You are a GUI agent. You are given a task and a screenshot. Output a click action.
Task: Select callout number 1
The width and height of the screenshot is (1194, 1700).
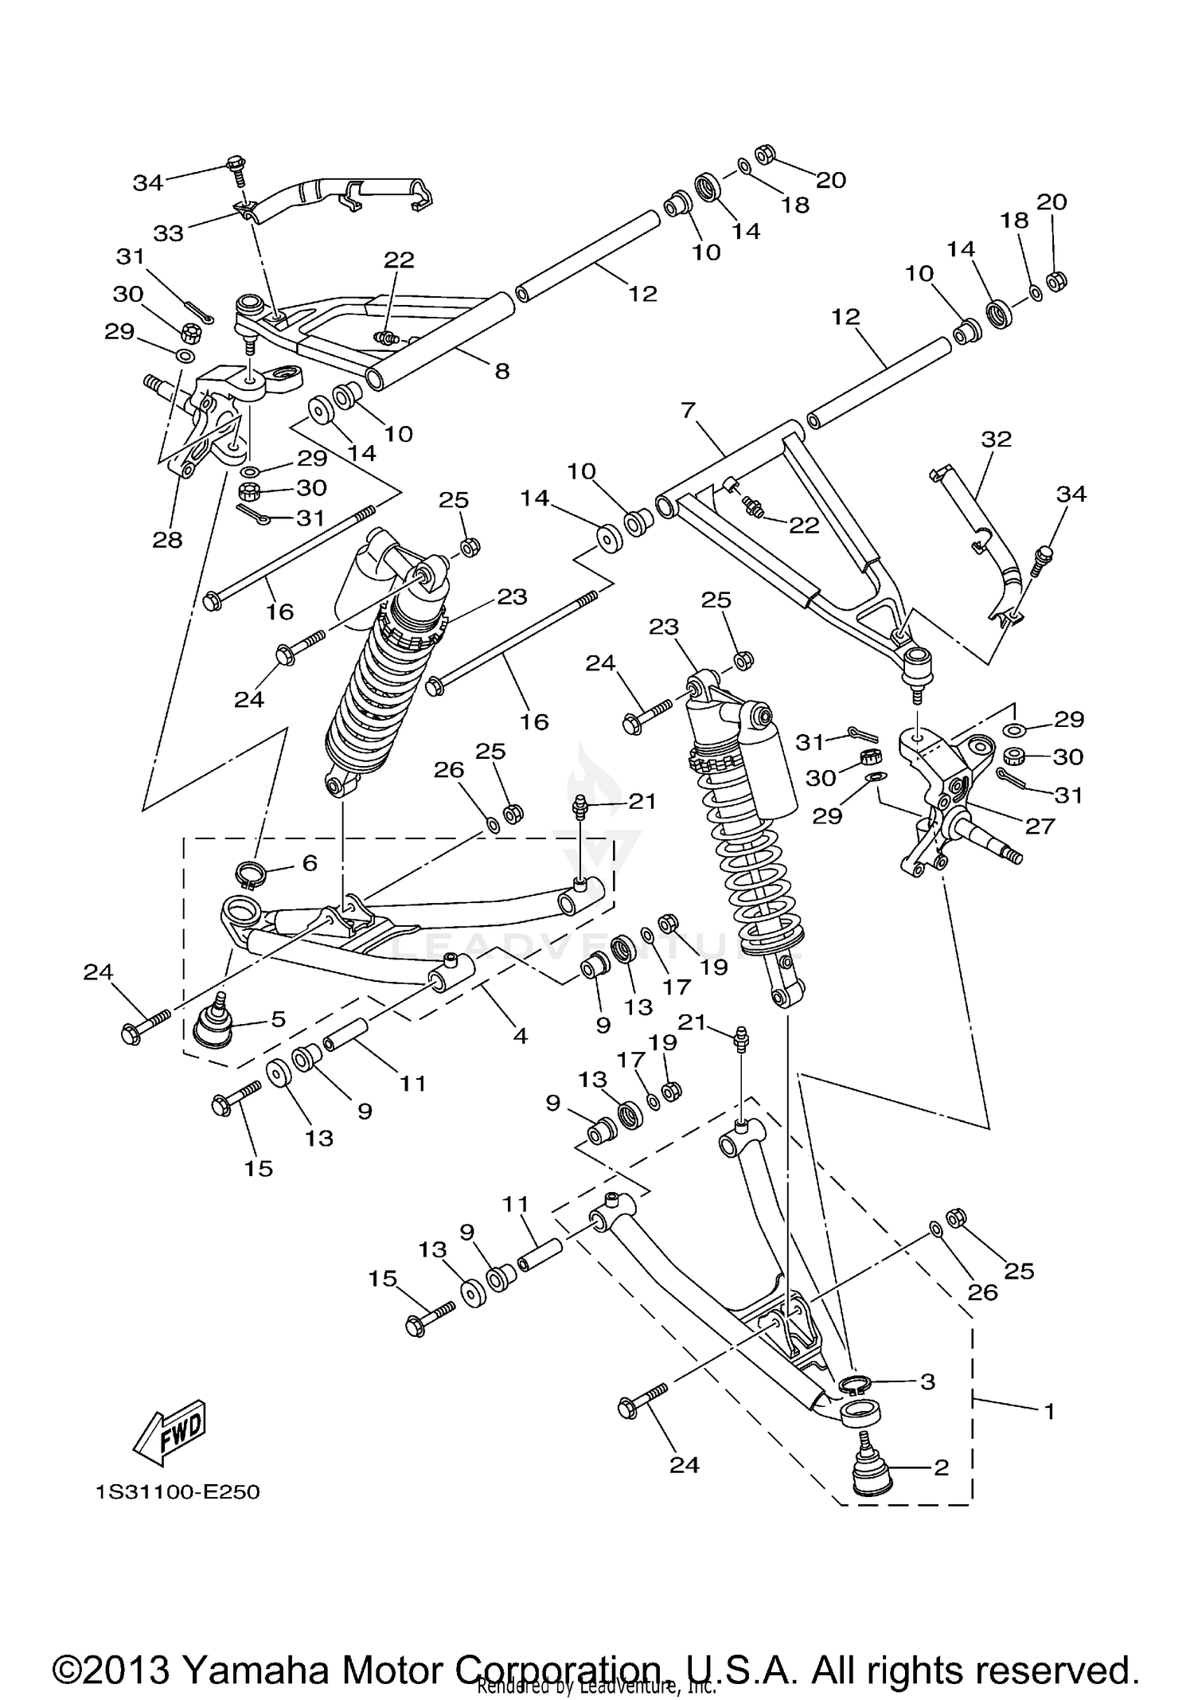tap(1049, 1412)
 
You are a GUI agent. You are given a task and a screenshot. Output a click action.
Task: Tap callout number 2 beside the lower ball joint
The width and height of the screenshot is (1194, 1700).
tap(941, 1467)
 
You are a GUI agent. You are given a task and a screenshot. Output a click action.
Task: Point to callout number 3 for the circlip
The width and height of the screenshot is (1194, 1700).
tap(927, 1381)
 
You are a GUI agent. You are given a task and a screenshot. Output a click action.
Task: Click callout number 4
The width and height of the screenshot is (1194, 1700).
tap(520, 1036)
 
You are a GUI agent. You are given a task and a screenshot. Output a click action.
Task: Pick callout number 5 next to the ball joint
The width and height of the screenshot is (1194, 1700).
tap(278, 1019)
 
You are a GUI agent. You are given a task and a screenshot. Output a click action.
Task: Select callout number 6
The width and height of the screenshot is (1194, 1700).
tap(310, 863)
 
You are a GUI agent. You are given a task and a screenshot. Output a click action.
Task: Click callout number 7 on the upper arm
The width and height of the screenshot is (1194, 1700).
tap(689, 411)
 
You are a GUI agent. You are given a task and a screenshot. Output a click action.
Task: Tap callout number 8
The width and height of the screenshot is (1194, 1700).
tap(501, 371)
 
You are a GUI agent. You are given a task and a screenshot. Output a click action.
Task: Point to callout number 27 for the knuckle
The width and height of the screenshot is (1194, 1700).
tap(1040, 826)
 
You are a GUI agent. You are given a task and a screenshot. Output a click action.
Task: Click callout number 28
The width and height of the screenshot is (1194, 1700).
tap(168, 540)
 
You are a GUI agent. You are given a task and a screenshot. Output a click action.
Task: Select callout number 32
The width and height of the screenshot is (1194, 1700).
tap(996, 439)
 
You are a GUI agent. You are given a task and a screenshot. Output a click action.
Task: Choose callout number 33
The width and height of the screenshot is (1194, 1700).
tap(169, 233)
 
